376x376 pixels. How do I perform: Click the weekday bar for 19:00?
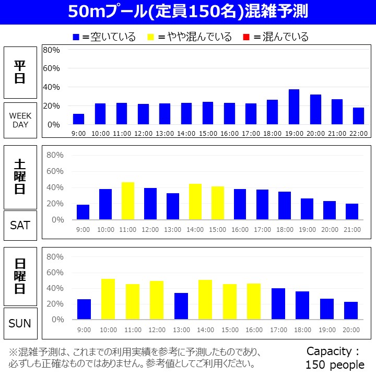coord(294,107)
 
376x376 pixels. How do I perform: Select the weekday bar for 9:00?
coord(78,119)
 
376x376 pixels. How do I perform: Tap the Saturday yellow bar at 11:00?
coord(128,201)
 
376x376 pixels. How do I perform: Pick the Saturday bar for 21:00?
coord(352,211)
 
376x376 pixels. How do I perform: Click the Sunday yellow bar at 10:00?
coord(108,299)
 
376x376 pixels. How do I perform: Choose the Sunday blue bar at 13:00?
coord(181,306)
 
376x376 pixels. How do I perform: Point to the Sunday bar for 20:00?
coord(351,310)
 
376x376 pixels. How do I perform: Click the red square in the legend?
coord(247,37)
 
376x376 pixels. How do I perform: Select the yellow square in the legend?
coord(151,37)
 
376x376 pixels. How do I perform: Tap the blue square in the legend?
coord(76,37)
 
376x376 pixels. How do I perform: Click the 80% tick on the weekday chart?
coord(52,50)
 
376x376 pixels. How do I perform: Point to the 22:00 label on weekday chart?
coord(358,133)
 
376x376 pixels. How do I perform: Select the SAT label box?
coord(20,225)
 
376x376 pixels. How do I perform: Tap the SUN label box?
coord(20,323)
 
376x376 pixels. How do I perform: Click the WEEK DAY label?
coord(20,120)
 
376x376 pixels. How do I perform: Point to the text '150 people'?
coord(335,365)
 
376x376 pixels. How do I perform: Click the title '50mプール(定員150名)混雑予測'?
coord(188,12)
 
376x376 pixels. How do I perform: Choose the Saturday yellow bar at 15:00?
coord(218,203)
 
